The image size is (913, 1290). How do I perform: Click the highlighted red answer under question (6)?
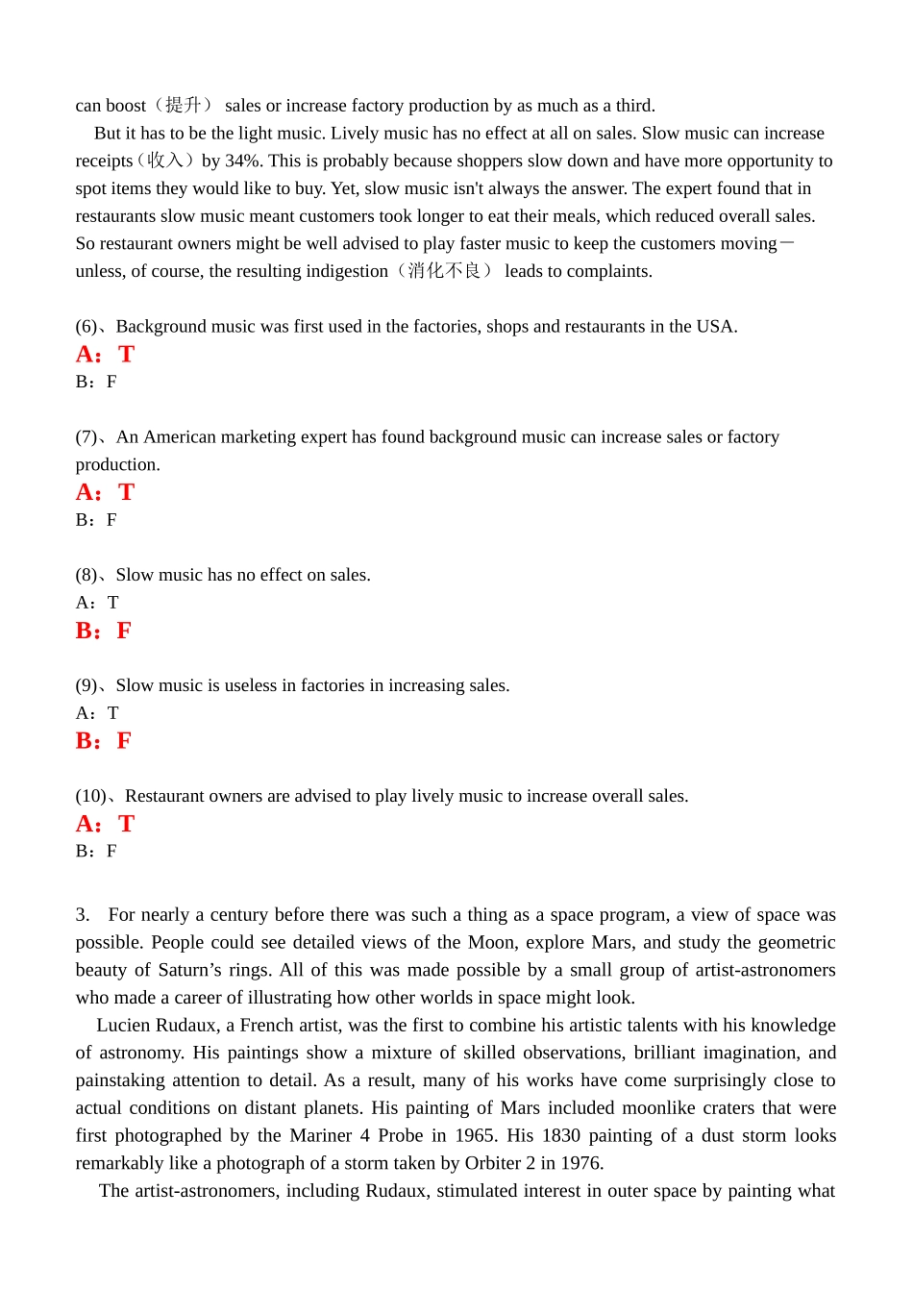105,355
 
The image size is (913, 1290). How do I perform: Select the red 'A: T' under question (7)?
105,492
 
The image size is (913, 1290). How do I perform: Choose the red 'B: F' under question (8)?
103,631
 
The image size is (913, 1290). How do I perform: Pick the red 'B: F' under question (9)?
103,741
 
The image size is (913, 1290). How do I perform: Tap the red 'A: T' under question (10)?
105,824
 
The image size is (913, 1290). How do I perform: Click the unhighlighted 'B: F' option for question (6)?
96,382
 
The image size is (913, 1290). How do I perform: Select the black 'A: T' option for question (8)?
97,603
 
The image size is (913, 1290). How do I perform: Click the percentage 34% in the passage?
243,161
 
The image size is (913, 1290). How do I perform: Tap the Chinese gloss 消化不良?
444,271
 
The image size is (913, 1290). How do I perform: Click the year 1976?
581,1163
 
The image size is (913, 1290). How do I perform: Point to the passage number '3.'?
83,915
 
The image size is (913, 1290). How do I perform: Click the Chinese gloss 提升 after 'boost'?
183,106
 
